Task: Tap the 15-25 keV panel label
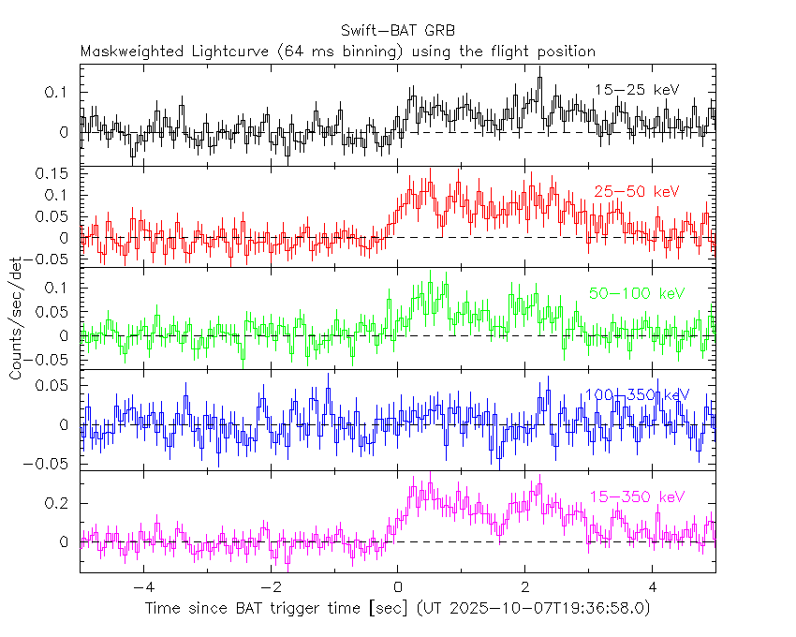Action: click(637, 90)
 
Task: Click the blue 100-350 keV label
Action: click(637, 395)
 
